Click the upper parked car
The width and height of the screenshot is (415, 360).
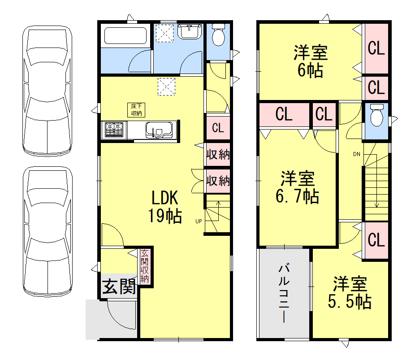(x=48, y=91)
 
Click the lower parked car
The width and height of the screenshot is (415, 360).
(x=48, y=233)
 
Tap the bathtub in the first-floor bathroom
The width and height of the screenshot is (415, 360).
(x=125, y=35)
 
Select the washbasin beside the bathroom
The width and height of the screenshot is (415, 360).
(x=190, y=32)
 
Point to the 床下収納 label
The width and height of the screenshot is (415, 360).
(x=137, y=110)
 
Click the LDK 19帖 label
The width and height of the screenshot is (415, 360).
(x=166, y=207)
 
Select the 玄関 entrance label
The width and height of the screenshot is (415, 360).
(x=119, y=286)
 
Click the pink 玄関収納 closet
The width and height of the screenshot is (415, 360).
(x=145, y=266)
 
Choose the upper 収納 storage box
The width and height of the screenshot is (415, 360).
(x=218, y=155)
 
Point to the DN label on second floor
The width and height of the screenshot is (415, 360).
(x=357, y=155)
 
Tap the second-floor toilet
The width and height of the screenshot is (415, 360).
(x=377, y=116)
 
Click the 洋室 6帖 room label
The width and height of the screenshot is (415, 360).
(x=311, y=61)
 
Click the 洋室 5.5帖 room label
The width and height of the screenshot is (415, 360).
(x=350, y=293)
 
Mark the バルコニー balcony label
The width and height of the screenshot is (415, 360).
(x=284, y=293)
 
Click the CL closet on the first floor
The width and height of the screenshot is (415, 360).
(x=218, y=128)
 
